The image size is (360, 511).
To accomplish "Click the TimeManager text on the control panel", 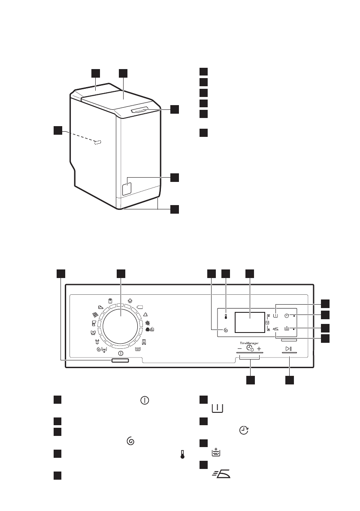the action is coord(250,343).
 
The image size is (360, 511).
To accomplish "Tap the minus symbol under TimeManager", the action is coord(239,349).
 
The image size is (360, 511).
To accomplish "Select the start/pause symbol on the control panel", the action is coord(289,349).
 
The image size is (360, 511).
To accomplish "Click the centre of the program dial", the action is coord(121,325).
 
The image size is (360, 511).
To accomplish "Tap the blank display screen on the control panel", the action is coord(250,322).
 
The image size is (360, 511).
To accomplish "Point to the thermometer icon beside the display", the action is coord(226,317).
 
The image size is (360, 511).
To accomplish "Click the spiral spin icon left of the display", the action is coord(226,330).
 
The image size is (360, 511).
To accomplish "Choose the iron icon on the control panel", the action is coord(275,329).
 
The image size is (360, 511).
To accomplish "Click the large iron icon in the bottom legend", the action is coord(221,474).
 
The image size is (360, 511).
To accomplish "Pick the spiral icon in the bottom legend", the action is coord(130,441).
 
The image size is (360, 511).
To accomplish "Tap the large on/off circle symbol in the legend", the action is coord(145,400).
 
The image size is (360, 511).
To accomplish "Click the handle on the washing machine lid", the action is coord(139,110).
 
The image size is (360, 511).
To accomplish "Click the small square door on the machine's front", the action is coord(127,188).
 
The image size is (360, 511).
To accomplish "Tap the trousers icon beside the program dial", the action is coord(144,342).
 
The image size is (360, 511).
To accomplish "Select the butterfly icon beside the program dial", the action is coord(92,333).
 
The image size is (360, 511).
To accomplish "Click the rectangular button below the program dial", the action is coord(120,361).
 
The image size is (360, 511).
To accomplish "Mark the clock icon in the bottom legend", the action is coord(244,430).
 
